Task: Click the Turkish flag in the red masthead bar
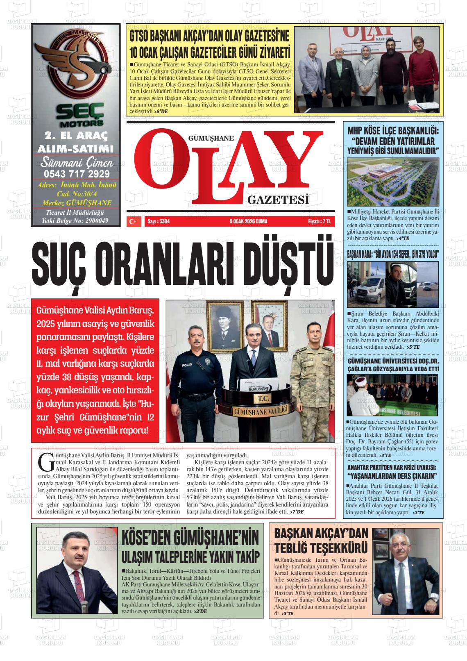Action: coord(132,221)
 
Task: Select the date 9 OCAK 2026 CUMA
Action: coord(249,221)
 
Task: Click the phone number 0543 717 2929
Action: coord(77,173)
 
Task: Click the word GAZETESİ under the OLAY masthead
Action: coord(278,200)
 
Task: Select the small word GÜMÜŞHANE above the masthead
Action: coord(211,138)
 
